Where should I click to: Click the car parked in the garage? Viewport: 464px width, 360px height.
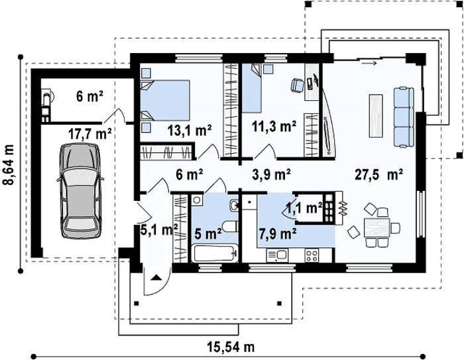click(x=80, y=191)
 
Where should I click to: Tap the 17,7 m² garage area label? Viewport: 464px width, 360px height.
click(x=90, y=134)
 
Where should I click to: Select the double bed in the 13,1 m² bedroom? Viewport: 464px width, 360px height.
click(x=164, y=100)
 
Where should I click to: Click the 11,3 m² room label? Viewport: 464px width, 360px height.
click(x=274, y=127)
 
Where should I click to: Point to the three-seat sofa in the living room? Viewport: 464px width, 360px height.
click(x=404, y=117)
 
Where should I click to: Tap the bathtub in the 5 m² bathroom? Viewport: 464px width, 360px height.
click(x=215, y=253)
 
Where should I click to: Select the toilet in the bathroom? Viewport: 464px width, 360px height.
click(x=230, y=227)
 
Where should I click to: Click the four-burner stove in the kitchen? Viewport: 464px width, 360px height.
click(x=312, y=255)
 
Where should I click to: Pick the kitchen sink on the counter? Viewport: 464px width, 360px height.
click(x=277, y=255)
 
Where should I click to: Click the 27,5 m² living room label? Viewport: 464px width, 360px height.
click(x=378, y=174)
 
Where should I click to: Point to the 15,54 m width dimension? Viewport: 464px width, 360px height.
click(x=231, y=347)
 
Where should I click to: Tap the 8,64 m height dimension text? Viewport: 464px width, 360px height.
click(x=9, y=165)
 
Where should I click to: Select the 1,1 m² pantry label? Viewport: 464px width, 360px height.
click(x=304, y=208)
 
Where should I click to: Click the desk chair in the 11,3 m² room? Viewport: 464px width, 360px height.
click(x=297, y=85)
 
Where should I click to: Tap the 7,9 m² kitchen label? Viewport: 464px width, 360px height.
click(x=278, y=234)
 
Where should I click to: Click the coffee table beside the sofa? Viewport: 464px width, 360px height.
click(x=376, y=115)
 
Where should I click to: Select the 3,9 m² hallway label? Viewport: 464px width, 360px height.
click(x=271, y=174)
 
